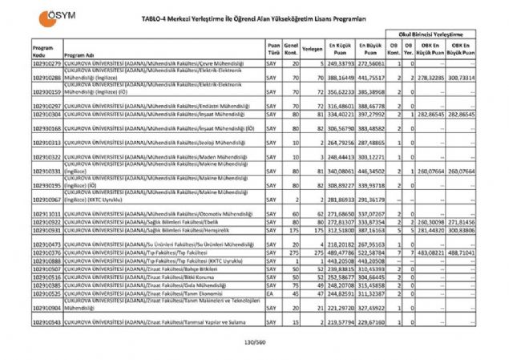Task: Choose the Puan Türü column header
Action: point(274,49)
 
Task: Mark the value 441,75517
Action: point(371,78)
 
